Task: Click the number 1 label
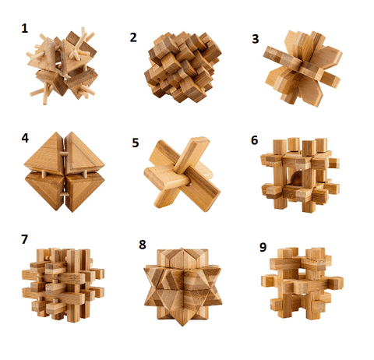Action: point(25,28)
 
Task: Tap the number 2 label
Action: point(133,37)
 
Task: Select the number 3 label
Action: point(256,39)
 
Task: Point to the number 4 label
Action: point(25,138)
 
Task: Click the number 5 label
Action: point(136,143)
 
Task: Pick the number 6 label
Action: point(255,140)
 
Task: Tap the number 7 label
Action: point(24,239)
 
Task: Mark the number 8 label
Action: point(143,245)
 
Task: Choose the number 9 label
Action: point(263,247)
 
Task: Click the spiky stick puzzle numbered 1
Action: point(62,66)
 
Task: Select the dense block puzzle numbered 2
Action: point(182,67)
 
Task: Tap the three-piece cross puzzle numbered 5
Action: point(182,174)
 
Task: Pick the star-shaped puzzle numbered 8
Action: point(183,286)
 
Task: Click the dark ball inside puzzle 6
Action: point(295,178)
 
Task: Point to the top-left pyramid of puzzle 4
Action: point(45,154)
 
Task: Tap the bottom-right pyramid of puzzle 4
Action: point(84,192)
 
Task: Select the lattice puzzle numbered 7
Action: point(63,285)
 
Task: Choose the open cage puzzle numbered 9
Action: point(302,283)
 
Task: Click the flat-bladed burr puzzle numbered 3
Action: point(302,69)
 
